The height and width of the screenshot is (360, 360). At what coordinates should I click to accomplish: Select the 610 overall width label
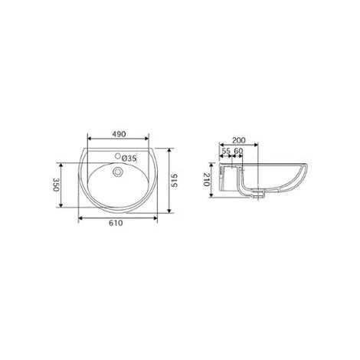tap(117, 223)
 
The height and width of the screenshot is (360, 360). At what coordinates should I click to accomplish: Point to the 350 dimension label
tap(56, 185)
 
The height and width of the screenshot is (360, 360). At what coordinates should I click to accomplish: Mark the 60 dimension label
tap(238, 152)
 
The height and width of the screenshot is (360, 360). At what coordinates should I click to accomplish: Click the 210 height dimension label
tap(208, 181)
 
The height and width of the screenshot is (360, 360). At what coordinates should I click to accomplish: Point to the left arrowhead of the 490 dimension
tap(90, 139)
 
